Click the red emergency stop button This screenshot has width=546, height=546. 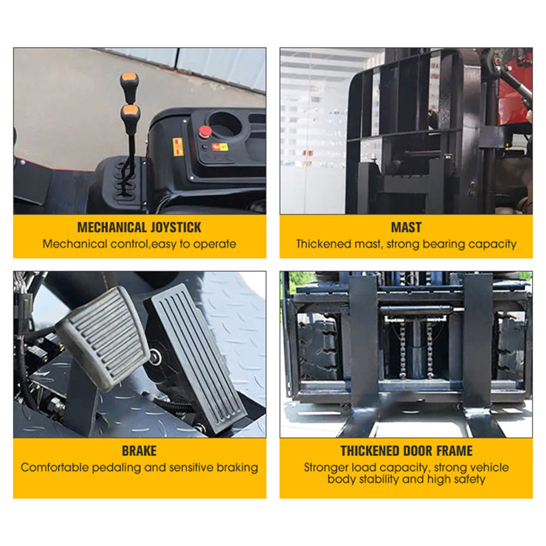(205, 132)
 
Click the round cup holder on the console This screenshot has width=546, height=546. (224, 123)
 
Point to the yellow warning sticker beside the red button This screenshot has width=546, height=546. (178, 146)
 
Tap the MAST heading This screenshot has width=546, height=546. (406, 227)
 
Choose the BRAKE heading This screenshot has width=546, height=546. (139, 451)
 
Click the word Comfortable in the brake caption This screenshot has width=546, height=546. (55, 467)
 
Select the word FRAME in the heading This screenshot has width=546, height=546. (454, 451)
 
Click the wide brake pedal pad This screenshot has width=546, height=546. (103, 338)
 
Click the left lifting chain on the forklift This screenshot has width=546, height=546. (402, 350)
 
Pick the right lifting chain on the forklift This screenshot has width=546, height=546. (430, 350)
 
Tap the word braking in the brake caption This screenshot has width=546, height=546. (237, 468)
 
